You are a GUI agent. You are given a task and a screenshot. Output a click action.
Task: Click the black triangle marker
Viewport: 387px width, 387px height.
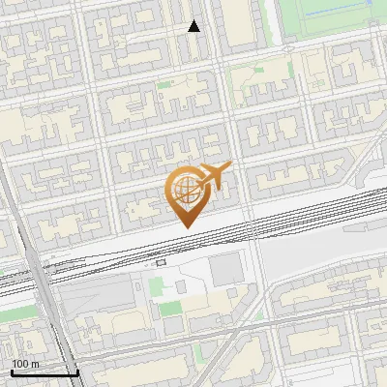pyautogui.click(x=194, y=26)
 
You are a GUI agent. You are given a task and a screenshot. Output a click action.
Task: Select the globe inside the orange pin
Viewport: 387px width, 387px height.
pyautogui.click(x=186, y=190)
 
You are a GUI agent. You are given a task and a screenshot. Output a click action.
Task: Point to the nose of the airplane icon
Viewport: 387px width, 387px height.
pyautogui.click(x=228, y=167)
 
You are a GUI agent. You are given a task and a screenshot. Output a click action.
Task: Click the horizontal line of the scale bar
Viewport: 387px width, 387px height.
pyautogui.click(x=45, y=372)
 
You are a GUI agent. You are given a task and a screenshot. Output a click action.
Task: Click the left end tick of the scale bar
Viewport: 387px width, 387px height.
pyautogui.click(x=12, y=371)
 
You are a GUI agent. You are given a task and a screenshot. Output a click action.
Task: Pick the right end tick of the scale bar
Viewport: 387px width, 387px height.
pyautogui.click(x=77, y=371)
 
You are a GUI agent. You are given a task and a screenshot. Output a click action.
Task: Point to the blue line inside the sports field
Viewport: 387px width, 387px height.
pyautogui.click(x=339, y=15)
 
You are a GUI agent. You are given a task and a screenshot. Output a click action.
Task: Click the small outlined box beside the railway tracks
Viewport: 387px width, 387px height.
pyautogui.click(x=161, y=261)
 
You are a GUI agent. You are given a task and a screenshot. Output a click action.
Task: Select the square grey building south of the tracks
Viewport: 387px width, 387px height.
pyautogui.click(x=227, y=270)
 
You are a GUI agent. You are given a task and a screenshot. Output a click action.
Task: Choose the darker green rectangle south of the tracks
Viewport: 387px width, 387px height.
pyautogui.click(x=170, y=310)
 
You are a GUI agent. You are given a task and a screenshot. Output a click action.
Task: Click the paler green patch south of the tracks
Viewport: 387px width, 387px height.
pyautogui.click(x=157, y=287)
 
